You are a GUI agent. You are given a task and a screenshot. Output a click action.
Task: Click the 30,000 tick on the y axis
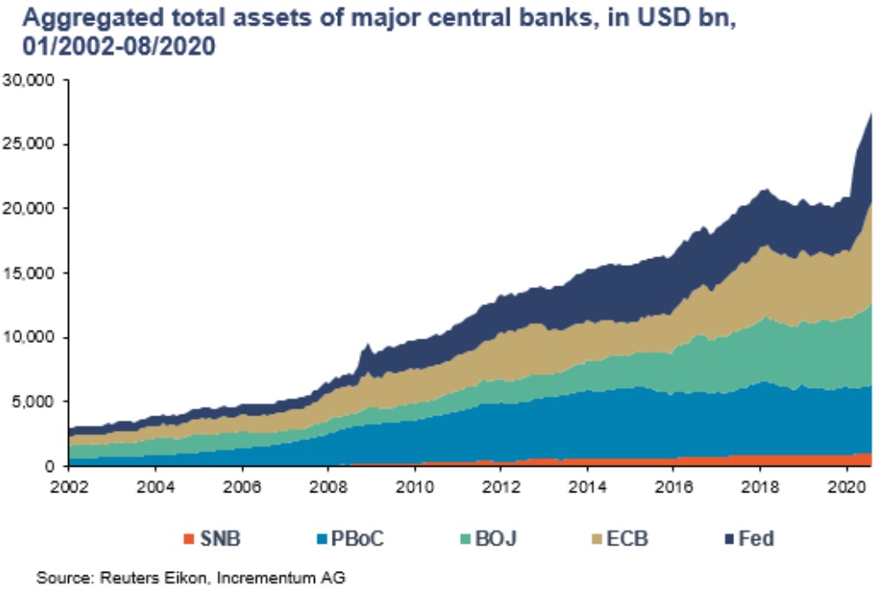click(x=32, y=80)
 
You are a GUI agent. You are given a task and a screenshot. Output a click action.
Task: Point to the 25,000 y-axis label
click(x=32, y=144)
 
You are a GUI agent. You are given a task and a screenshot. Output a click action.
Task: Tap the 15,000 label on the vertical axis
click(x=32, y=272)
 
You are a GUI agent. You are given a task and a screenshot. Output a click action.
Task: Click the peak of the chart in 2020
click(x=871, y=114)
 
